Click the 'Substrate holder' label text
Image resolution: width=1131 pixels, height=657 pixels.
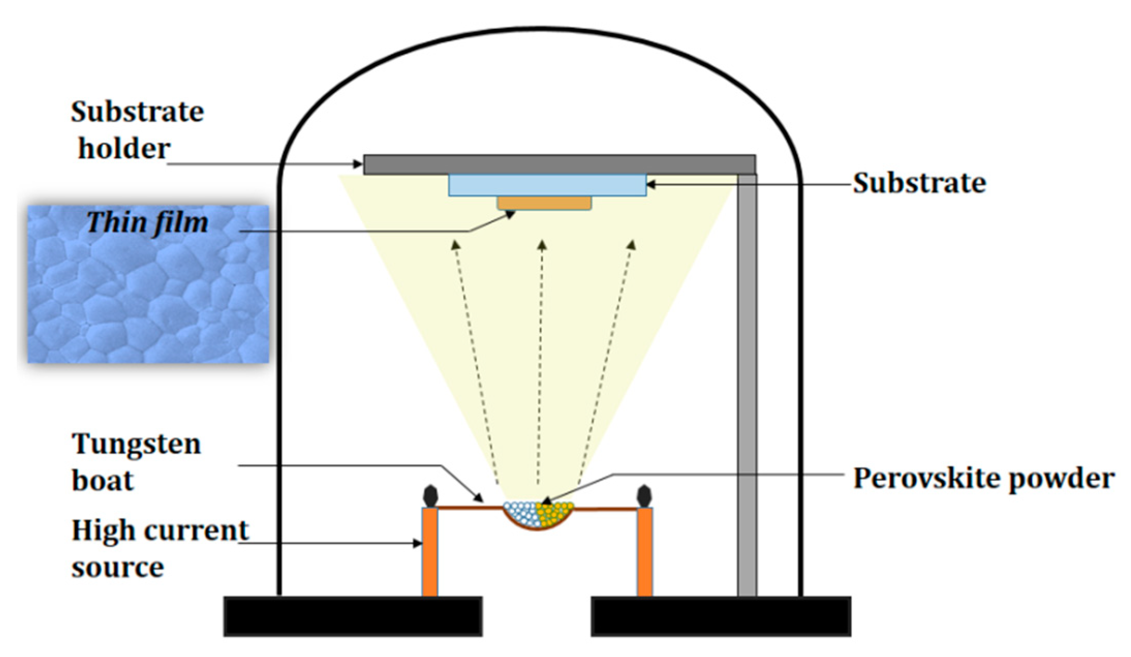[136, 130]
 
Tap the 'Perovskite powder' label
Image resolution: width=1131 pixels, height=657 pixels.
[983, 478]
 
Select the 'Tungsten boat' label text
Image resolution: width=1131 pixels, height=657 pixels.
[135, 462]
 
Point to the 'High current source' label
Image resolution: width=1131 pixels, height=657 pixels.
[159, 548]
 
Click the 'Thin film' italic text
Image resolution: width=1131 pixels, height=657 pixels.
[148, 223]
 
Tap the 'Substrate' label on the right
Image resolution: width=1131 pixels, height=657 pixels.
[919, 183]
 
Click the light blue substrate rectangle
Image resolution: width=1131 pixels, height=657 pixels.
[547, 185]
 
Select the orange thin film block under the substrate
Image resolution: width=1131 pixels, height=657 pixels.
[544, 203]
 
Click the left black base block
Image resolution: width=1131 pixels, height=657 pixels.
[353, 616]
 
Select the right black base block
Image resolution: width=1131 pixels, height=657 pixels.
[721, 616]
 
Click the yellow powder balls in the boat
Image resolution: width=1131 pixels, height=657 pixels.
[555, 514]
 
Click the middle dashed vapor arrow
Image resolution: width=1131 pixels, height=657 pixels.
[540, 362]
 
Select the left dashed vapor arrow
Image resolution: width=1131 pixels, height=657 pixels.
[475, 362]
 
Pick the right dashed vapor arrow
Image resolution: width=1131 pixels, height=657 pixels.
[607, 362]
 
